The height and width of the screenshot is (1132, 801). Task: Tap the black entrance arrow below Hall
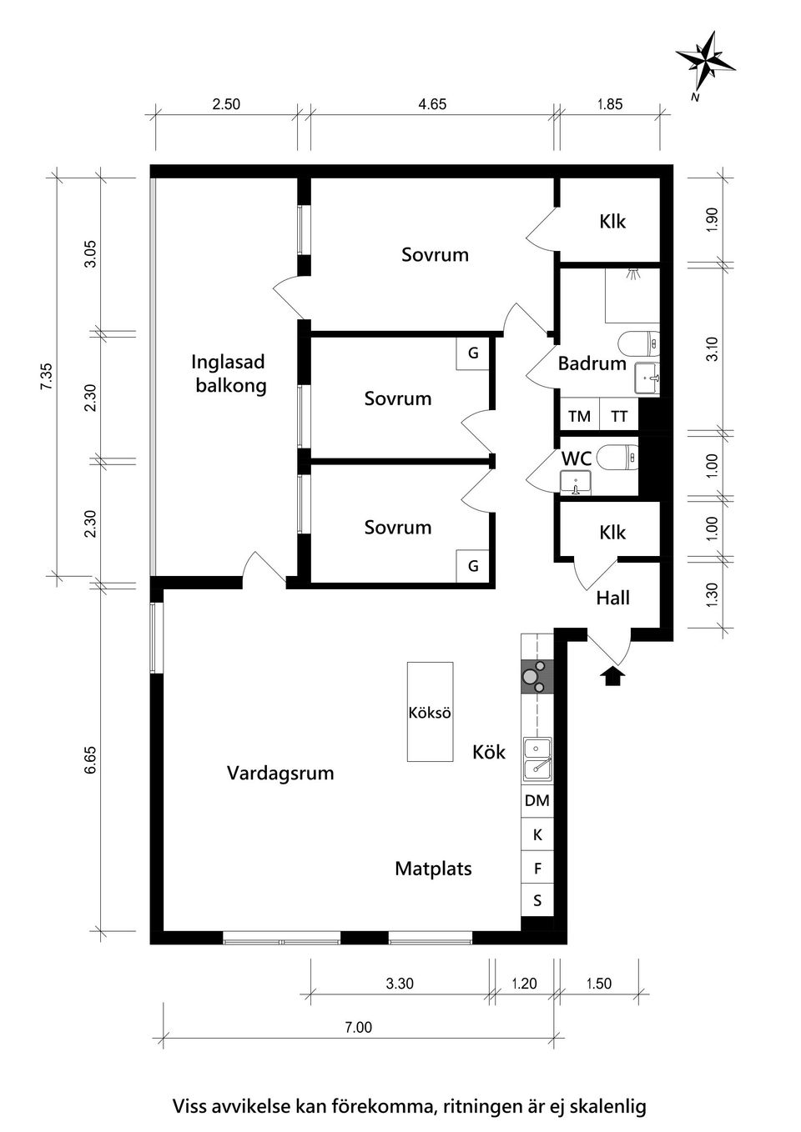tap(613, 675)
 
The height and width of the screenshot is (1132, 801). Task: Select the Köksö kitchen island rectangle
tap(430, 711)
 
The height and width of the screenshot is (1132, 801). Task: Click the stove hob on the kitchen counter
tap(537, 676)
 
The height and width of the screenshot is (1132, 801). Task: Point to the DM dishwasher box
tap(537, 800)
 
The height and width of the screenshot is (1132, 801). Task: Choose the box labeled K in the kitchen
tap(537, 834)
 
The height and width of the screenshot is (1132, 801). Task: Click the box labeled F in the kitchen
tap(537, 869)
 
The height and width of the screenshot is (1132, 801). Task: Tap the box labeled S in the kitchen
tap(537, 901)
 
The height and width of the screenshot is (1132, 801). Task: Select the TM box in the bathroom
tap(578, 416)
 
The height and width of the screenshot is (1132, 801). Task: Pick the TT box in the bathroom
tap(618, 416)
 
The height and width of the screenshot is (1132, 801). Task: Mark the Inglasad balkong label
tap(229, 373)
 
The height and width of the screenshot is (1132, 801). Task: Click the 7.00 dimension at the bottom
tap(358, 1027)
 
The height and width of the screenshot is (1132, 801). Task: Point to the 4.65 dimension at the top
tap(432, 104)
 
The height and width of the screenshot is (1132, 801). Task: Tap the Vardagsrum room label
tap(280, 773)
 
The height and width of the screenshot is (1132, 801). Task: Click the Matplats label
tap(433, 869)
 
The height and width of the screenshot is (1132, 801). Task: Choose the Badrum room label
tap(592, 363)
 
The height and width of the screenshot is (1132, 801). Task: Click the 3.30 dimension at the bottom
tap(400, 984)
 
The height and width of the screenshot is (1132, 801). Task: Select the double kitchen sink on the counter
tap(537, 758)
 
